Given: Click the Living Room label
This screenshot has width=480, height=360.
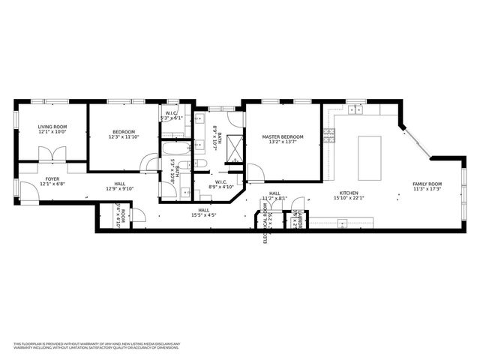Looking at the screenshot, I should (52, 127).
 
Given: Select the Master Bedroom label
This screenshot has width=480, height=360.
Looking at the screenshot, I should (283, 137).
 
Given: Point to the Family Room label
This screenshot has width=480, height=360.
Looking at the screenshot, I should (427, 184).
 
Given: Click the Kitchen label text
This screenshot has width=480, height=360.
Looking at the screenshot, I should (349, 193).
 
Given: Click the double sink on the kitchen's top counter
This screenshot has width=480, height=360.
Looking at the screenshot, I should (355, 110).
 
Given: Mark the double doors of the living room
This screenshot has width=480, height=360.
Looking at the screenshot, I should (52, 153).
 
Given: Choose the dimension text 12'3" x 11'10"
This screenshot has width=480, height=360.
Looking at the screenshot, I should (124, 137).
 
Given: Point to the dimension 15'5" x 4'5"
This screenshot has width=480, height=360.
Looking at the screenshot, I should (203, 215).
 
